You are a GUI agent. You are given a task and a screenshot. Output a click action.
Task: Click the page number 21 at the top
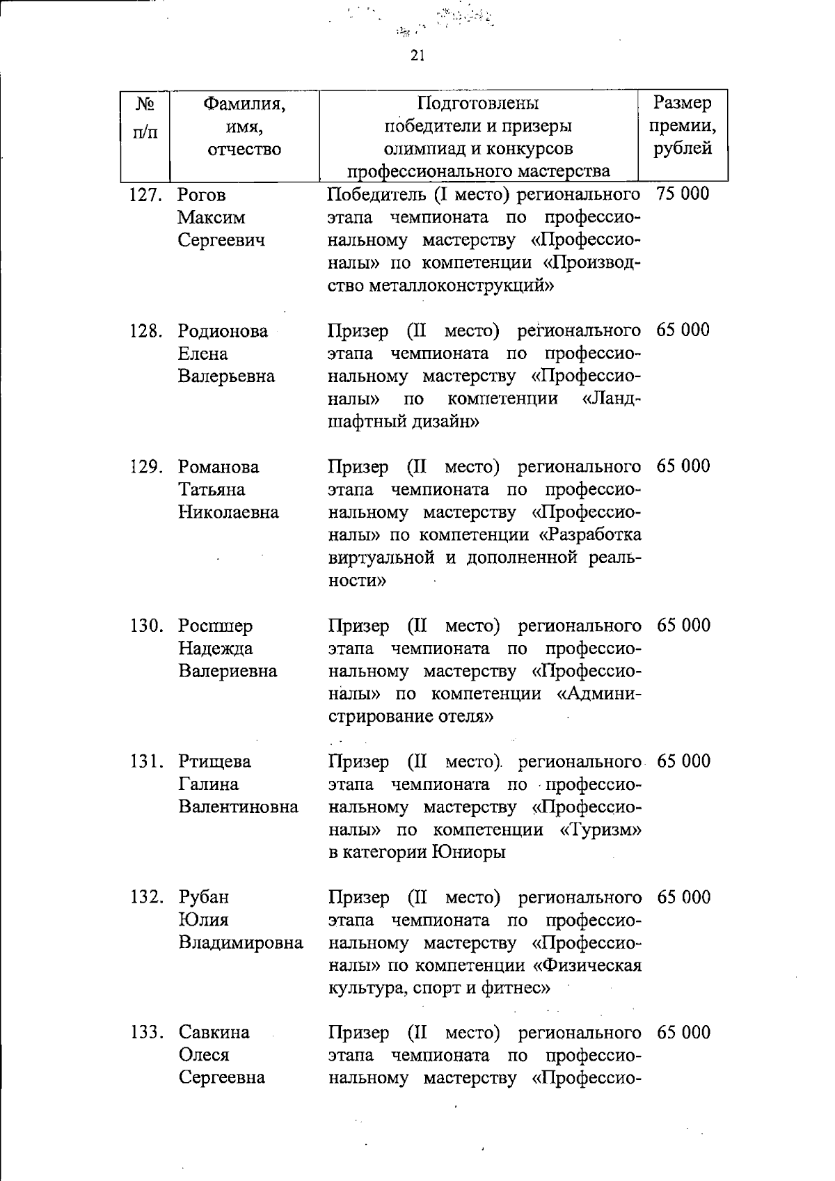pyautogui.click(x=417, y=56)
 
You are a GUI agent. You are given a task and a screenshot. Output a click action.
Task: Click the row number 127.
pyautogui.click(x=145, y=195)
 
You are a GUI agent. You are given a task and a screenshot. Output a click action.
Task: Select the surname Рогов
pyautogui.click(x=202, y=195)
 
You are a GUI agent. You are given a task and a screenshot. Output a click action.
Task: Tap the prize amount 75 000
pyautogui.click(x=683, y=193)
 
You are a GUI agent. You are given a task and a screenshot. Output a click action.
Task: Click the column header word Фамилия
pyautogui.click(x=244, y=104)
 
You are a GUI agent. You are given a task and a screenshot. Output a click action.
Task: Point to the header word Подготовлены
pyautogui.click(x=478, y=104)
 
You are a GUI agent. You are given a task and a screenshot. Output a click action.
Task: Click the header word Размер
pyautogui.click(x=683, y=103)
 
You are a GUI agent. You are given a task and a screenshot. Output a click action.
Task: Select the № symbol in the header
pyautogui.click(x=145, y=104)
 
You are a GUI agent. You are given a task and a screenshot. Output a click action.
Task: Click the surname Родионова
pyautogui.click(x=223, y=331)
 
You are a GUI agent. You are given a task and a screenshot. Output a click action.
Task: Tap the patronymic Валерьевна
pyautogui.click(x=227, y=377)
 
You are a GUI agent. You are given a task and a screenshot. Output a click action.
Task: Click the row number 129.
pyautogui.click(x=146, y=467)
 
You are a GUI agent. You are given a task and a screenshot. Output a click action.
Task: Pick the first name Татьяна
pyautogui.click(x=212, y=490)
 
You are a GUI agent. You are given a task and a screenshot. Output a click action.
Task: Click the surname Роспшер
pyautogui.click(x=216, y=626)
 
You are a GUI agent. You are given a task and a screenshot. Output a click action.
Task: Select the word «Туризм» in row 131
pyautogui.click(x=600, y=830)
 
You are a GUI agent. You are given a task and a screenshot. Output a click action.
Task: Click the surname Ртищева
pyautogui.click(x=215, y=761)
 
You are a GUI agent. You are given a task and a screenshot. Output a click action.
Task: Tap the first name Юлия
pyautogui.click(x=203, y=920)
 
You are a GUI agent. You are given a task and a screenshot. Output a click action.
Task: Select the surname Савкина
pyautogui.click(x=214, y=1032)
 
